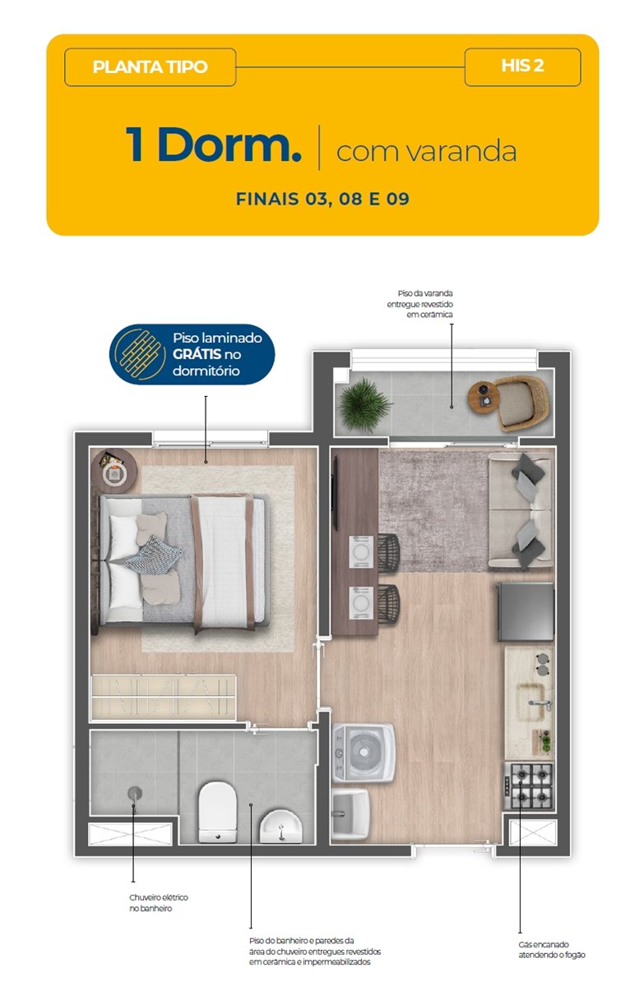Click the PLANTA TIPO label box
150,67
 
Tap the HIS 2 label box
522,67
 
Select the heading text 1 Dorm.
214,145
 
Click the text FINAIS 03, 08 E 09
322,199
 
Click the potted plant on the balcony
364,405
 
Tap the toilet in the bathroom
218,812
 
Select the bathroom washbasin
280,827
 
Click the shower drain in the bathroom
135,793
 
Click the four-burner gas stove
529,786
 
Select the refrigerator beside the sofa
526,611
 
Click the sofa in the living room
521,511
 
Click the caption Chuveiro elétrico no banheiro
159,903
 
